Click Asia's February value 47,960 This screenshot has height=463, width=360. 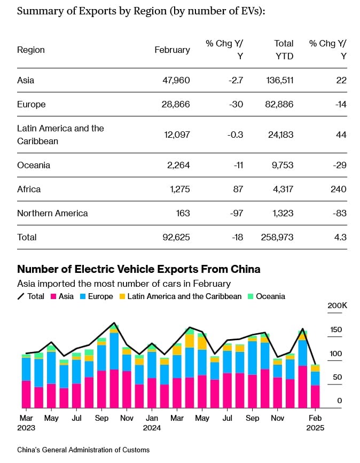pyautogui.click(x=176, y=80)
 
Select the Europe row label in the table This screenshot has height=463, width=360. pyautogui.click(x=32, y=104)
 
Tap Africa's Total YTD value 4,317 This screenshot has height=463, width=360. pyautogui.click(x=281, y=189)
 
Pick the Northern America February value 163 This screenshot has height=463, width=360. pyautogui.click(x=183, y=213)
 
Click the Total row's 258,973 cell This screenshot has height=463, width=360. pyautogui.click(x=277, y=237)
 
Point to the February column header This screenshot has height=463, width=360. pyautogui.click(x=172, y=50)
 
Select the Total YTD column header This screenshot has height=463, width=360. pyautogui.click(x=284, y=49)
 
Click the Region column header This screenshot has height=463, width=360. pyautogui.click(x=31, y=50)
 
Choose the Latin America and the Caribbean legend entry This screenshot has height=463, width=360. pyautogui.click(x=179, y=296)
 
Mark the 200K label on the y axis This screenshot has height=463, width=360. pyautogui.click(x=337, y=305)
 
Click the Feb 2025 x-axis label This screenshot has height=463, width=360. pyautogui.click(x=315, y=423)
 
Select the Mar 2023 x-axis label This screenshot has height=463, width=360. pyautogui.click(x=26, y=423)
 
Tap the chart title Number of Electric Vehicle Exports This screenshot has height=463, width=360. pyautogui.click(x=139, y=269)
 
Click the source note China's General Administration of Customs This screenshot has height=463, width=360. pyautogui.click(x=83, y=450)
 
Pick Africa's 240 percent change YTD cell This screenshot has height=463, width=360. pyautogui.click(x=338, y=189)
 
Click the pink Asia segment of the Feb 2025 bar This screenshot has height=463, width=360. pyautogui.click(x=315, y=397)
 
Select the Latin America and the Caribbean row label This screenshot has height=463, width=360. pyautogui.click(x=60, y=135)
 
